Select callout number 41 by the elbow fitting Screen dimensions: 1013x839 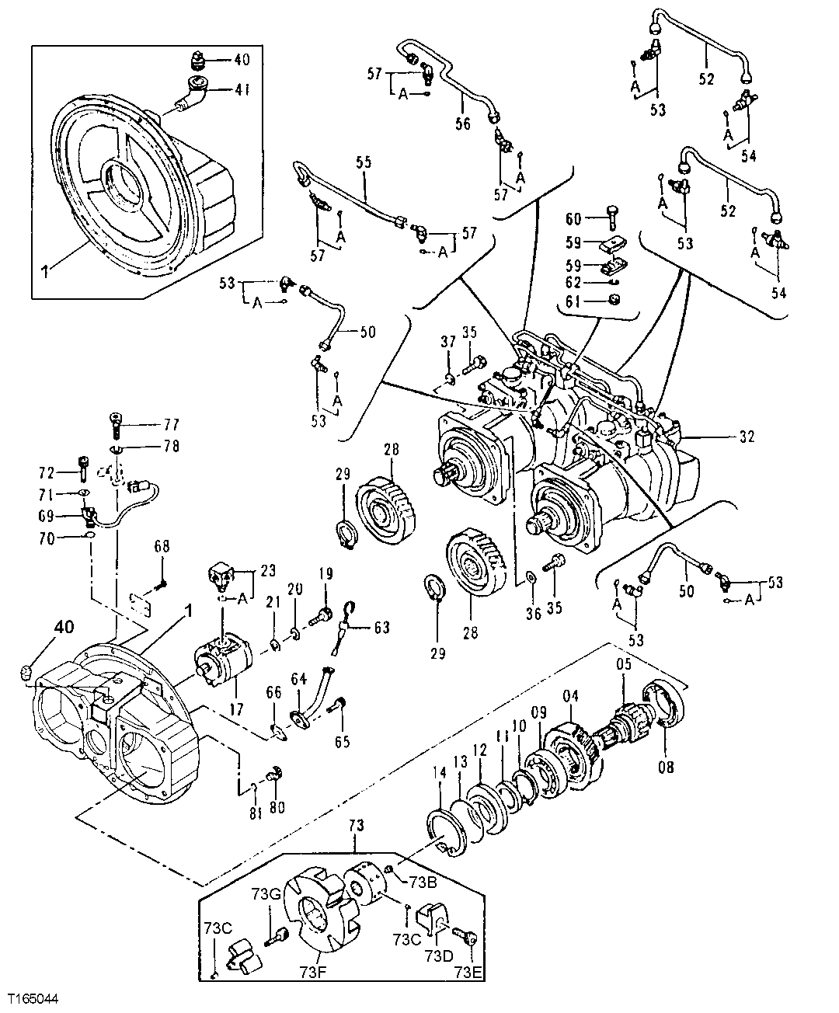[243, 90]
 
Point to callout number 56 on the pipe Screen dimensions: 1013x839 [463, 124]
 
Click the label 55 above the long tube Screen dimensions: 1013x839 [364, 162]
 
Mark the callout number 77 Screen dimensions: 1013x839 [170, 425]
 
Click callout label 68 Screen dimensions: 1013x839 [162, 547]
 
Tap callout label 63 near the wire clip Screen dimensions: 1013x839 [381, 627]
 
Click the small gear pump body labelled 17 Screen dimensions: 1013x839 [225, 656]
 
